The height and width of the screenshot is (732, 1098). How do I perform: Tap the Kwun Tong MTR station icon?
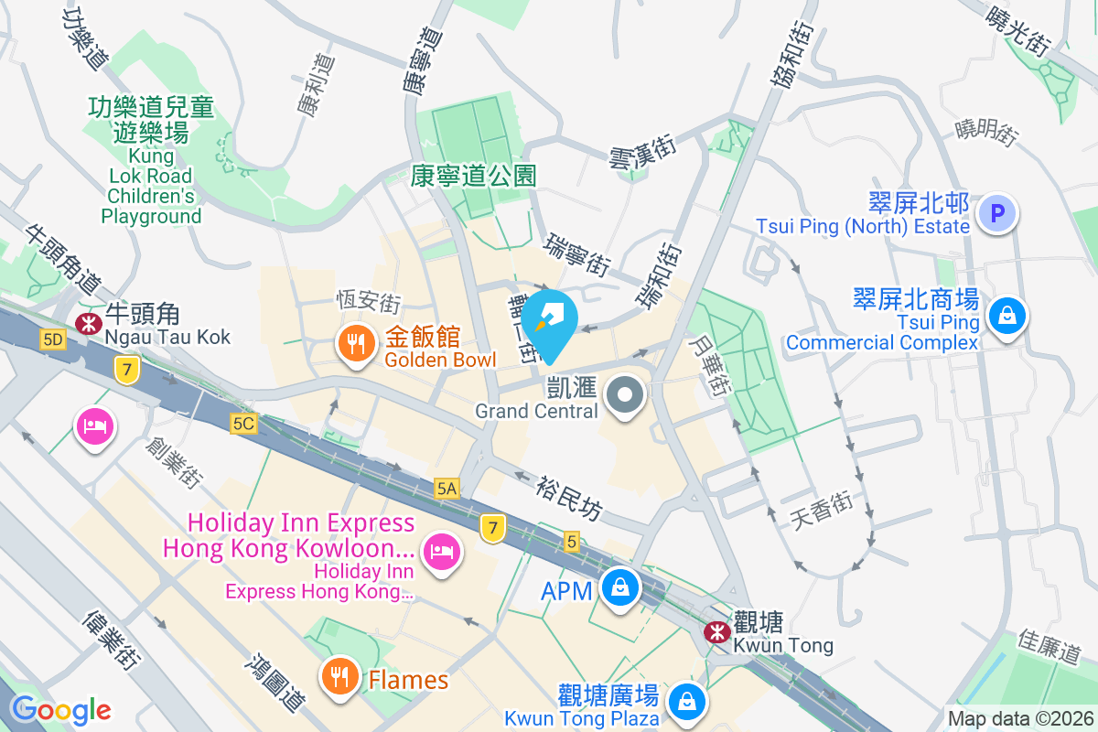pyautogui.click(x=716, y=631)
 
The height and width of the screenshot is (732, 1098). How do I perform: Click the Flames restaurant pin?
pyautogui.click(x=339, y=677)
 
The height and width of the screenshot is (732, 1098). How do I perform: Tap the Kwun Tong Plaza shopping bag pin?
pyautogui.click(x=685, y=702)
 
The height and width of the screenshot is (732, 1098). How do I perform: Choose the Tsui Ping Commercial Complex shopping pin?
pyautogui.click(x=1006, y=317)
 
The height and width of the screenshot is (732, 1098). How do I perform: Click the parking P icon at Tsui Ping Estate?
pyautogui.click(x=997, y=214)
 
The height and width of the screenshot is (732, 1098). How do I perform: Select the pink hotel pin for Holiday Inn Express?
pyautogui.click(x=441, y=551)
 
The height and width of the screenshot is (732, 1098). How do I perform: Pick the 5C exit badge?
pyautogui.click(x=243, y=424)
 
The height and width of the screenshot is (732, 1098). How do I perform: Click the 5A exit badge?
pyautogui.click(x=447, y=490)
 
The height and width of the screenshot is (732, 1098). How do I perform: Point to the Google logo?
pyautogui.click(x=60, y=710)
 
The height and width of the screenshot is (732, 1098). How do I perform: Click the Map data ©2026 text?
pyautogui.click(x=1019, y=719)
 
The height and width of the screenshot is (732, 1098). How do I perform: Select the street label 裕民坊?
pyautogui.click(x=569, y=497)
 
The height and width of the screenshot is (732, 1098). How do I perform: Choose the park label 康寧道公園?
pyautogui.click(x=473, y=175)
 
